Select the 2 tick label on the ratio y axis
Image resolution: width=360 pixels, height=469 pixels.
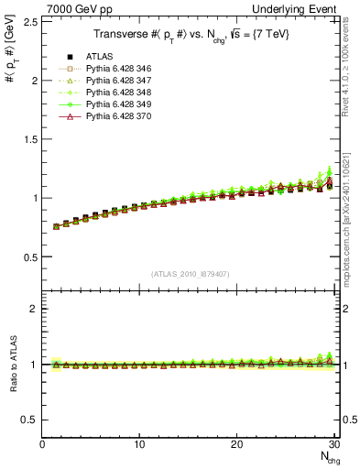point(34,309)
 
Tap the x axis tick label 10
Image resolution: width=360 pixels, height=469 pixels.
point(139,445)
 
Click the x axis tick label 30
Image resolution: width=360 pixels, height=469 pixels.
point(333,445)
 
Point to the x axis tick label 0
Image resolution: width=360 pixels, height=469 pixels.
point(42,445)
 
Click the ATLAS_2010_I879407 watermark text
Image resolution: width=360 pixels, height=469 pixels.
point(190,273)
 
